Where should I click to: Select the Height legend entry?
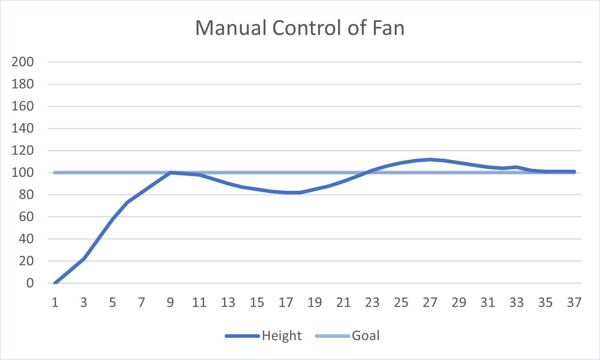tap(281, 336)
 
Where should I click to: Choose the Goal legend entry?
tap(366, 336)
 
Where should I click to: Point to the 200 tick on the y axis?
tap(23, 62)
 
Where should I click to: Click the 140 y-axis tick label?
tap(23, 128)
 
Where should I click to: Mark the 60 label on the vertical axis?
tap(26, 217)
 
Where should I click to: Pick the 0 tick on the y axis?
tap(30, 283)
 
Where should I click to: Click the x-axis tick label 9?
tap(170, 302)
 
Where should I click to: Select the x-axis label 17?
tap(286, 302)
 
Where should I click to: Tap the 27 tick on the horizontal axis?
tap(430, 302)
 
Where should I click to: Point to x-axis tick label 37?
tap(574, 302)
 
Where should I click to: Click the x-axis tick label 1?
tap(55, 302)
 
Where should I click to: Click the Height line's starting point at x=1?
tap(55, 283)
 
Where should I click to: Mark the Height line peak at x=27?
tap(430, 159)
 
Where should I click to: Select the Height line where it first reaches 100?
tap(170, 173)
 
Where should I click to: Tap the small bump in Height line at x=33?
tap(516, 167)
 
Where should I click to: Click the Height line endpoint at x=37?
tap(574, 171)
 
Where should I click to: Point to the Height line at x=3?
tap(84, 259)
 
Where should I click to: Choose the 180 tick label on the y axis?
tap(23, 84)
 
